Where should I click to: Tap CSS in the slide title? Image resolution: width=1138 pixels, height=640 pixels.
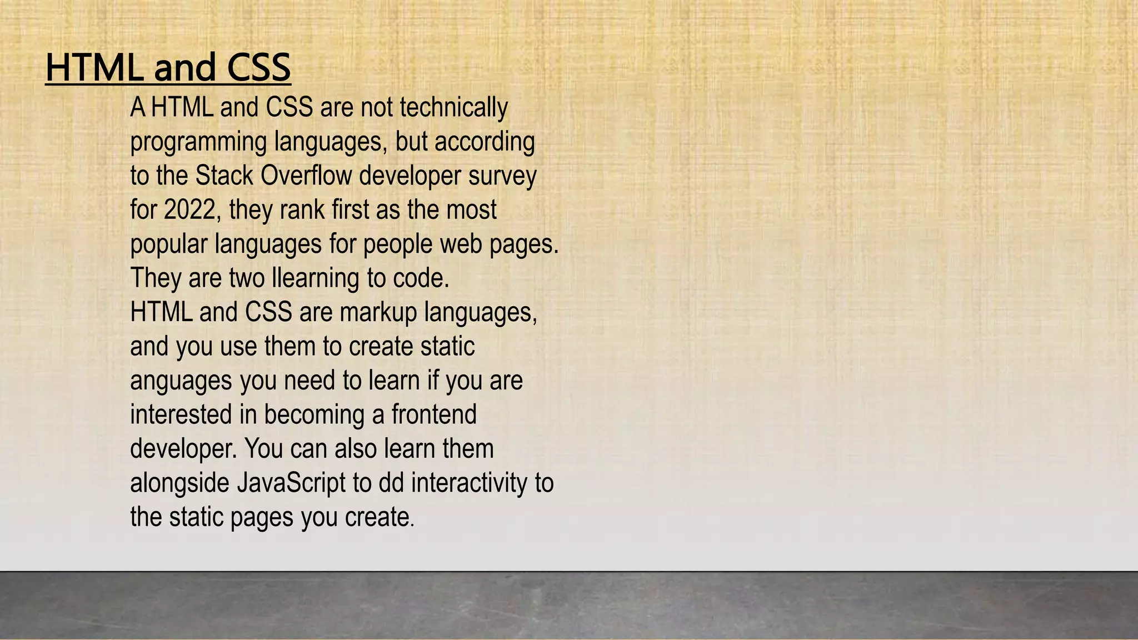tap(258, 67)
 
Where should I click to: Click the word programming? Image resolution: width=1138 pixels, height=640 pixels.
tap(198, 142)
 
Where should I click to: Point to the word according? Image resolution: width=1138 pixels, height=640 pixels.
tap(485, 142)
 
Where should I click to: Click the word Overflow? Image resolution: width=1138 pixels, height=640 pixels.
tap(306, 176)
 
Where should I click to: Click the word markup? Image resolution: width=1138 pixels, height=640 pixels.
tap(378, 312)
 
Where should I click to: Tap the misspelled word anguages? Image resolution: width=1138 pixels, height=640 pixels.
tap(181, 381)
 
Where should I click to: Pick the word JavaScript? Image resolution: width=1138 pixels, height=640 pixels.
tap(291, 482)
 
